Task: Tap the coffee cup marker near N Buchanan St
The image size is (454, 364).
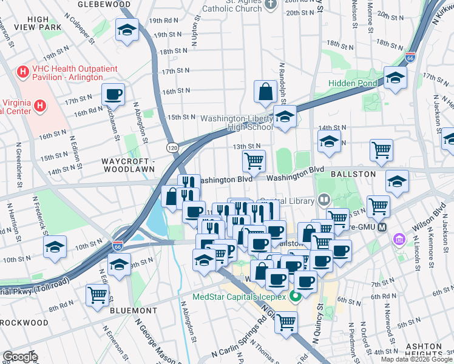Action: pyautogui.click(x=113, y=95)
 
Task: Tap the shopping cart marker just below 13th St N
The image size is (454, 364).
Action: pyautogui.click(x=254, y=161)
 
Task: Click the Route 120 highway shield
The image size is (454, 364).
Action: pyautogui.click(x=172, y=147)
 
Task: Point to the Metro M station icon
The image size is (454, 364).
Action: pyautogui.click(x=382, y=227)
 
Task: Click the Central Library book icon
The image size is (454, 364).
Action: pyautogui.click(x=325, y=200)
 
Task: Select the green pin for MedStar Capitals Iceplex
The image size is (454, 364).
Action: pyautogui.click(x=295, y=297)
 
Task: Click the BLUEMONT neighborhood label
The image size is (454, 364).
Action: pyautogui.click(x=134, y=310)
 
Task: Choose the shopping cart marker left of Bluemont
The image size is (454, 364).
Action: pyautogui.click(x=97, y=295)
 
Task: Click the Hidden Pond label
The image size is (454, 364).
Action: pyautogui.click(x=354, y=83)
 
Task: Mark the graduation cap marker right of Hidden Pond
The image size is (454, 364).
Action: pyautogui.click(x=395, y=78)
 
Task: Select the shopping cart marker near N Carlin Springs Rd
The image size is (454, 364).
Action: pyautogui.click(x=286, y=323)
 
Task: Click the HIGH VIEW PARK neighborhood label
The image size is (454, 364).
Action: pyautogui.click(x=39, y=24)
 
